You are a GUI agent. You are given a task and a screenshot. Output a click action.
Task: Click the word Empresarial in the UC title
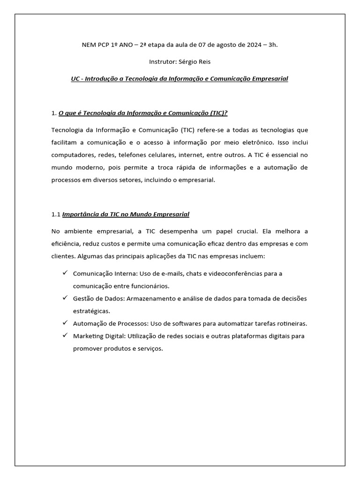pos(270,78)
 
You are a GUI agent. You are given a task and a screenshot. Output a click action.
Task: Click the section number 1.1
pos(56,214)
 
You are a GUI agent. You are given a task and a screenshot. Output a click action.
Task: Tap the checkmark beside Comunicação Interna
pos(64,273)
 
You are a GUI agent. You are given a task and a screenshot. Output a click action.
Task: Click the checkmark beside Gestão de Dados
pos(64,298)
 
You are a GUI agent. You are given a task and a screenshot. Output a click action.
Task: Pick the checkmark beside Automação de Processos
pos(64,323)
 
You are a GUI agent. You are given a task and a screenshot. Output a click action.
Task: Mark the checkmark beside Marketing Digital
pos(64,336)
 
